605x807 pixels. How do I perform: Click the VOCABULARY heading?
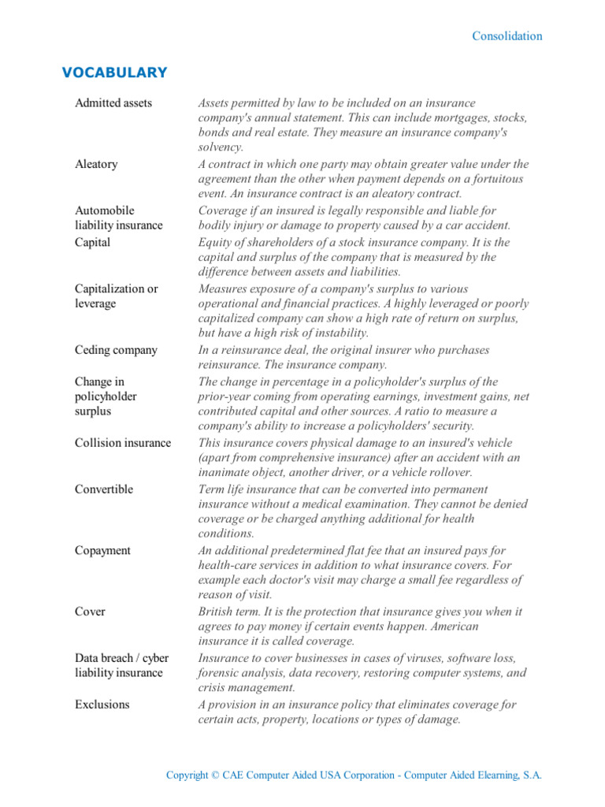pos(114,73)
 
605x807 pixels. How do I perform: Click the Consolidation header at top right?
pos(507,36)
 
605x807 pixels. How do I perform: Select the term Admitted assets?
pos(113,103)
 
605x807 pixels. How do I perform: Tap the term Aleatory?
pos(96,164)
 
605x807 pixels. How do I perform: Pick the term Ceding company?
pos(116,350)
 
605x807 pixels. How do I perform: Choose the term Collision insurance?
pos(122,443)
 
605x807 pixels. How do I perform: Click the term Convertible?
pos(104,489)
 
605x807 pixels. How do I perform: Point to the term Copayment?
pos(102,550)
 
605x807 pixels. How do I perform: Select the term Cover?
pos(90,612)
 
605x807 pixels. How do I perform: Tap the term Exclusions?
pos(102,705)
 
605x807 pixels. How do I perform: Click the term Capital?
pos(93,243)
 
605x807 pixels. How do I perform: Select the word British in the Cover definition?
pos(217,612)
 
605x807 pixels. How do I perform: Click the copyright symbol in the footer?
pos(215,775)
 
